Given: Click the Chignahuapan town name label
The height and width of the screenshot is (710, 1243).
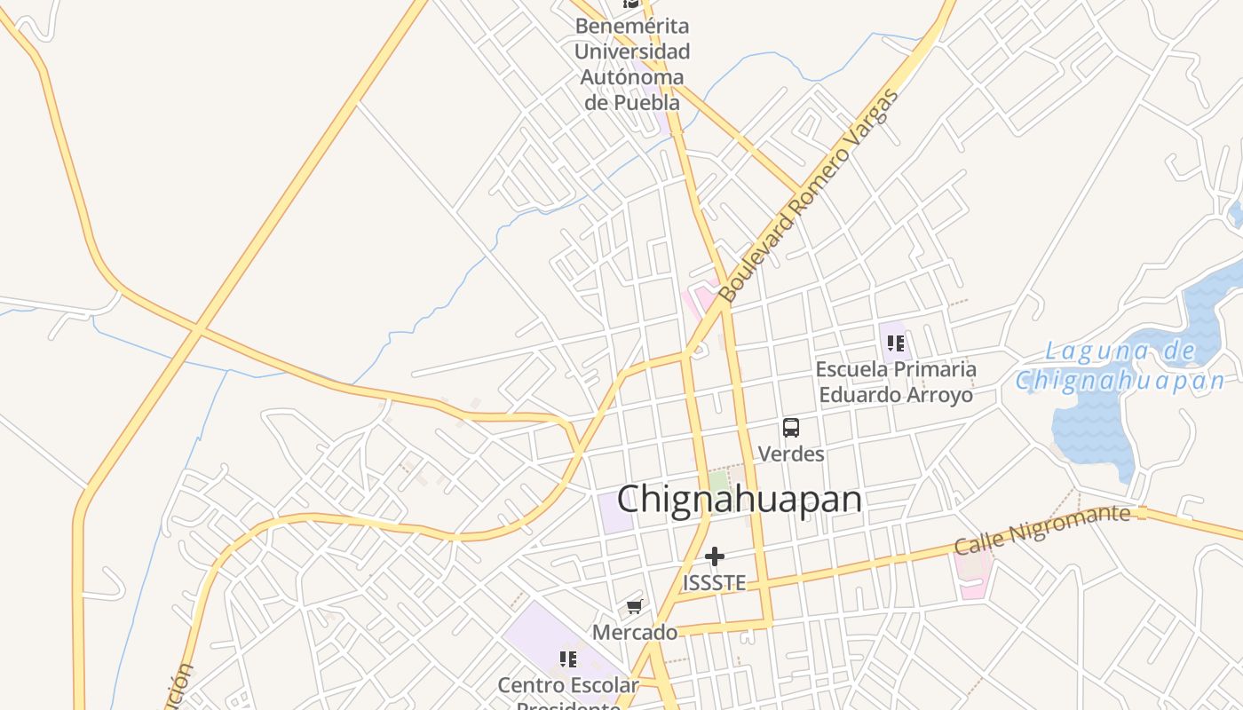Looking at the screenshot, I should coord(739,500).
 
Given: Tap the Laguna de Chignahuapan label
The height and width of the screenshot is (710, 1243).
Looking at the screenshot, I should coord(1120,366).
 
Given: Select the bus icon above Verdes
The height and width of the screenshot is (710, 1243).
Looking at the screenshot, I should coord(790,428).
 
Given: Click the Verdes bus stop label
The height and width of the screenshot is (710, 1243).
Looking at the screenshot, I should coord(790,454).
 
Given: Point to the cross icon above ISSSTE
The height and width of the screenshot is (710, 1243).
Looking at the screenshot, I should coord(715,556).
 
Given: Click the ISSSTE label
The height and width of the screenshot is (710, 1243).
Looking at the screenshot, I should coord(714,583).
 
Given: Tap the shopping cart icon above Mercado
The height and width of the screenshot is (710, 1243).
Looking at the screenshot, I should coord(634,607).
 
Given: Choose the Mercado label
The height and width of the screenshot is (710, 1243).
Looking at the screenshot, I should coord(634,633).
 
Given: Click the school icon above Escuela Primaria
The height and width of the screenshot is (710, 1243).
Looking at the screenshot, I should coord(895,343).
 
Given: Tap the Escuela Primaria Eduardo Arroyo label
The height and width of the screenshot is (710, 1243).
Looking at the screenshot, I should coord(895,382).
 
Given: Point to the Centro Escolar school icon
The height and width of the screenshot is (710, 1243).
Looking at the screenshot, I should coord(568,659).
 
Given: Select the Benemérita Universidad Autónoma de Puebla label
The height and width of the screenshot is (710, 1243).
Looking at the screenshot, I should coord(631,64).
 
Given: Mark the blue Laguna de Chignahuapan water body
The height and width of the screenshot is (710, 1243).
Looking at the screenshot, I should coord(1092,435).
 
